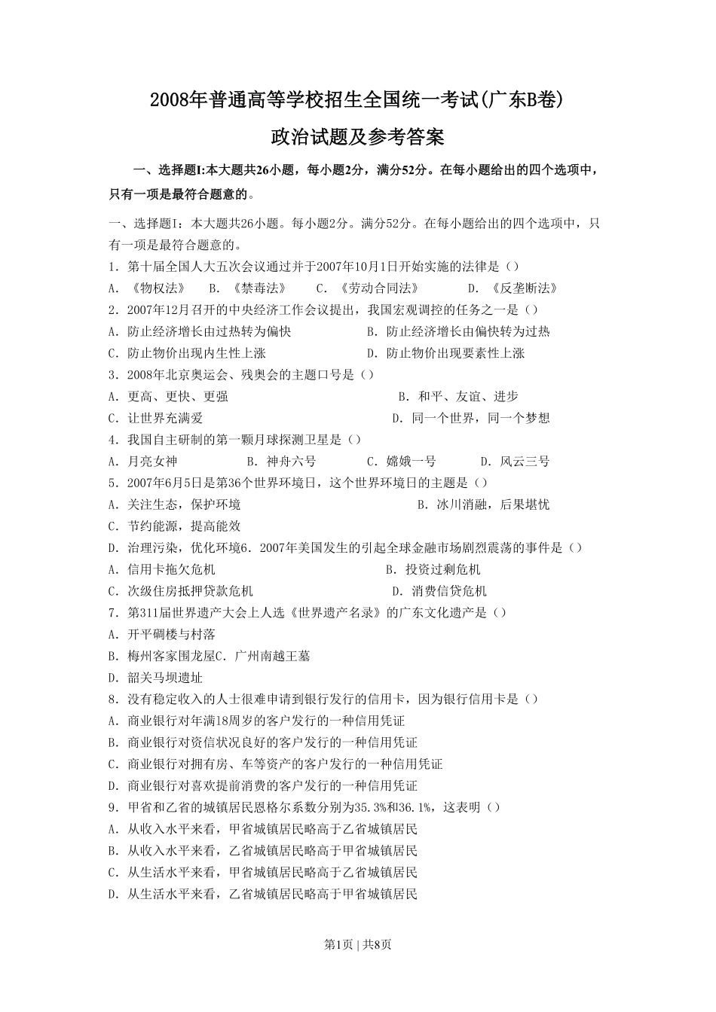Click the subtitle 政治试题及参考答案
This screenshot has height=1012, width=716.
[357, 137]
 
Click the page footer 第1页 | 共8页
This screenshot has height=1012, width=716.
[357, 944]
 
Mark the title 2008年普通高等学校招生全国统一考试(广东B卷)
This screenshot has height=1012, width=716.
[357, 99]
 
